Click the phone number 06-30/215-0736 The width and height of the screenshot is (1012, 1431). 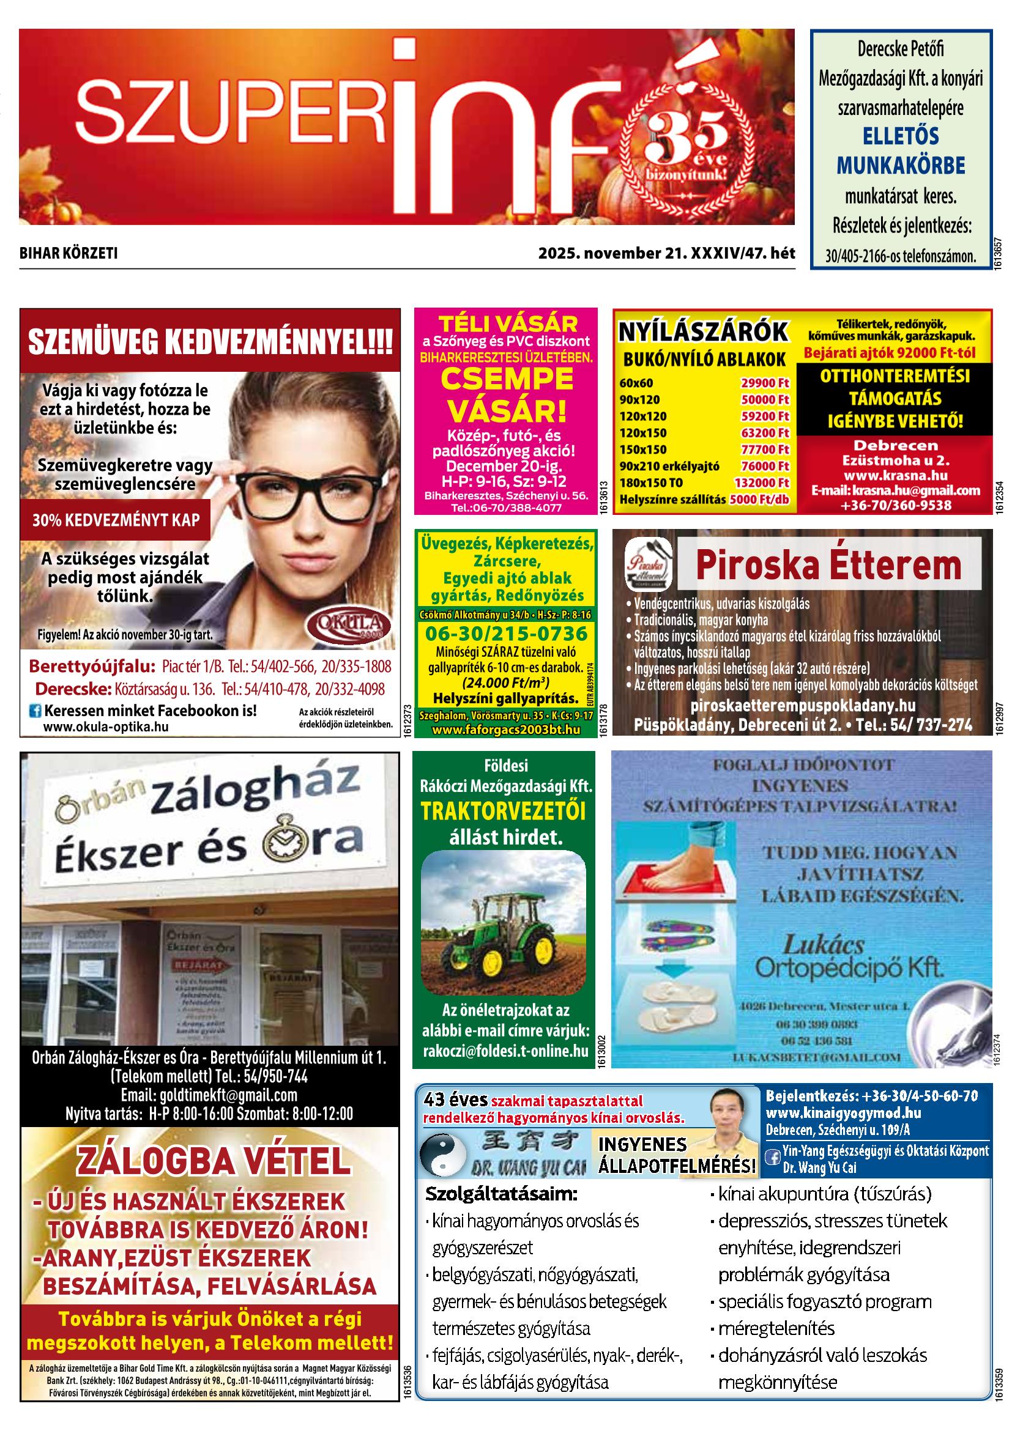(x=505, y=634)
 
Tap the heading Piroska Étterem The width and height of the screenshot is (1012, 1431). (x=828, y=565)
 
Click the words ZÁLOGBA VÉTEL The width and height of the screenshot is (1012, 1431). (x=213, y=1161)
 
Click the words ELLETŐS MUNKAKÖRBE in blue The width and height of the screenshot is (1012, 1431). (x=901, y=151)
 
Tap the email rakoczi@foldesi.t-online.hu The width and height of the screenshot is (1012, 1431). (x=505, y=1051)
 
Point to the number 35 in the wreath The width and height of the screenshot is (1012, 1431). (x=686, y=137)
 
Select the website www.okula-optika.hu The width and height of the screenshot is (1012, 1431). (x=105, y=727)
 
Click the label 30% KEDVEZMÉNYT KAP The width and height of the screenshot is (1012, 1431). (x=116, y=520)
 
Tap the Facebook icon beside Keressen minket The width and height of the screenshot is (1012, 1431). (x=35, y=711)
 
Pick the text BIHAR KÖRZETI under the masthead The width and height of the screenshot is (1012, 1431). (x=69, y=254)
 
